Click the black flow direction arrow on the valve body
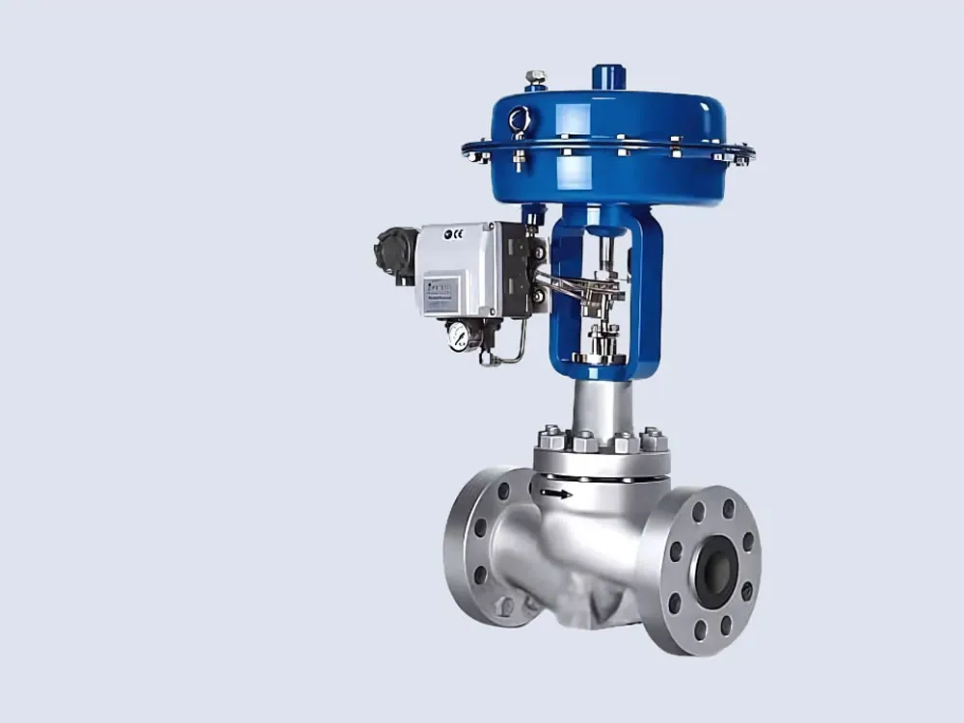tap(556, 495)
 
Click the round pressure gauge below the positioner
tap(459, 335)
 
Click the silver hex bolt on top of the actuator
tap(536, 78)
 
